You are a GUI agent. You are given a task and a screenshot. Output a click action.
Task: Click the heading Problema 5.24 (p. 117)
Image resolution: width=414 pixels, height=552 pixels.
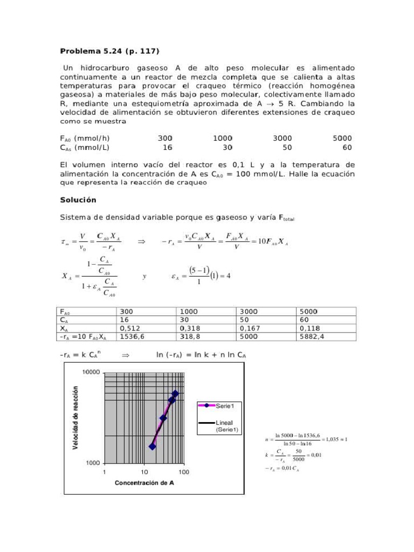click(x=109, y=51)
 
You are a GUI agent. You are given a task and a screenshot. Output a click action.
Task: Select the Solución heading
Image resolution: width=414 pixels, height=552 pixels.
click(x=78, y=199)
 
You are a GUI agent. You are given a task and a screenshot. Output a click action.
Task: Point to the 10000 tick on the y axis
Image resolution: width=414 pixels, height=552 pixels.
click(x=91, y=372)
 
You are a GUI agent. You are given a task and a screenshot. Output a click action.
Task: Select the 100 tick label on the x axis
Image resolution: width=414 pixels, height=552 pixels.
click(x=184, y=472)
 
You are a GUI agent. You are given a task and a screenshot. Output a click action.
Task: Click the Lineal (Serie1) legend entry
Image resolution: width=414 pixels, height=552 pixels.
click(x=225, y=426)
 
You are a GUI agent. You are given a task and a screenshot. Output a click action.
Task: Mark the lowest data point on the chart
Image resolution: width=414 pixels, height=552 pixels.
click(x=152, y=446)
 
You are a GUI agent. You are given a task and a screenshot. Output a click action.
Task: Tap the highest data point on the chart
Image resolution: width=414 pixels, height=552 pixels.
click(x=175, y=394)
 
